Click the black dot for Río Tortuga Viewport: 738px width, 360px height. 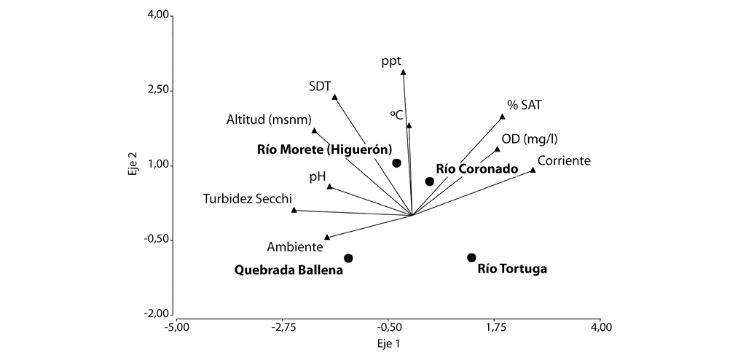click(471, 257)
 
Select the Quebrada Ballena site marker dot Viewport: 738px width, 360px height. click(348, 258)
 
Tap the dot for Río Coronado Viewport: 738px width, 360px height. click(430, 181)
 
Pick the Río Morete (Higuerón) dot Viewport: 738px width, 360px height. click(397, 163)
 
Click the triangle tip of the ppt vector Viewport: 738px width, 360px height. click(404, 72)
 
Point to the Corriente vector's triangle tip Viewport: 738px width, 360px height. click(533, 170)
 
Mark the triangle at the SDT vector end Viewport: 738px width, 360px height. click(335, 97)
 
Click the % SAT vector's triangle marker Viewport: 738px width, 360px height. click(503, 117)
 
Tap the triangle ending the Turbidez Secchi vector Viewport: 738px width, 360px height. click(294, 210)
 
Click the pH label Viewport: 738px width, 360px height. click(318, 176)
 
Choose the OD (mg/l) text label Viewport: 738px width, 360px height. click(530, 140)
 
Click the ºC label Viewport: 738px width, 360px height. click(396, 114)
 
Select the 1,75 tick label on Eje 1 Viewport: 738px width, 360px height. click(495, 327)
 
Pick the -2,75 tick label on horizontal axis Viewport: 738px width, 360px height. click(283, 327)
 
